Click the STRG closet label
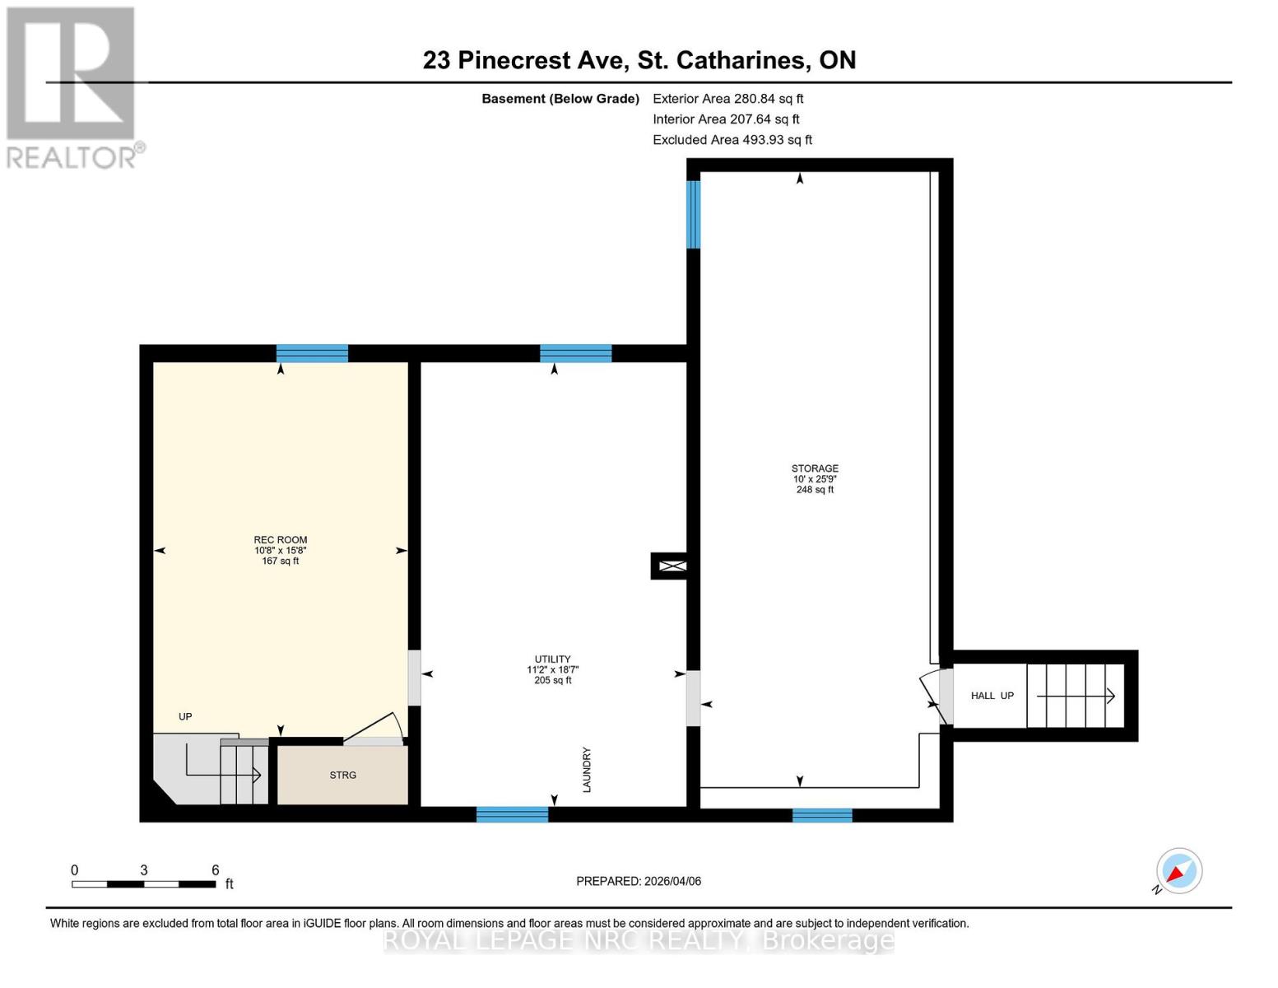(342, 775)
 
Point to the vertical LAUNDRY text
(587, 770)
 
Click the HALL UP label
(992, 696)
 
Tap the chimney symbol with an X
(672, 566)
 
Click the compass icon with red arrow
(1178, 871)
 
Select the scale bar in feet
(144, 883)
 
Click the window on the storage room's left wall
(694, 214)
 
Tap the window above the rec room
(312, 353)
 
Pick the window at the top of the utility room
(575, 353)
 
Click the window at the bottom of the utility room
(512, 814)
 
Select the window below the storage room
(822, 815)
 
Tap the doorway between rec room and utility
(414, 678)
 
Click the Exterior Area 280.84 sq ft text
(727, 98)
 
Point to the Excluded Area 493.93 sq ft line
(732, 140)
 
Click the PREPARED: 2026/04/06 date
(638, 881)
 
